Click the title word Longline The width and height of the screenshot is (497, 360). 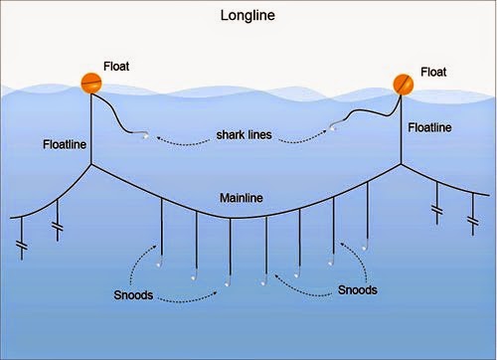pyautogui.click(x=248, y=16)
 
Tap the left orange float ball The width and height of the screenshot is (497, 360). pyautogui.click(x=91, y=84)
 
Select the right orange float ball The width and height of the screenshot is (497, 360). pyautogui.click(x=404, y=85)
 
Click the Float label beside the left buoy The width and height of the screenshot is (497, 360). pyautogui.click(x=116, y=67)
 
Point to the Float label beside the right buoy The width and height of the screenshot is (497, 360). pyautogui.click(x=433, y=72)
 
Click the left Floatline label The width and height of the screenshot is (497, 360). pyautogui.click(x=65, y=144)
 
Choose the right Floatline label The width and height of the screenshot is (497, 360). pyautogui.click(x=429, y=127)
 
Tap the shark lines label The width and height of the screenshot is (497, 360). pyautogui.click(x=244, y=135)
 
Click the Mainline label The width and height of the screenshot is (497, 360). pyautogui.click(x=242, y=198)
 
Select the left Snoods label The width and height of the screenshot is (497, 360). pyautogui.click(x=133, y=295)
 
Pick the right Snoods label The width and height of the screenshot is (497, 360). pyautogui.click(x=358, y=290)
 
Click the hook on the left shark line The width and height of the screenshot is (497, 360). pyautogui.click(x=144, y=135)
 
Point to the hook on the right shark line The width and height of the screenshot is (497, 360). pyautogui.click(x=333, y=126)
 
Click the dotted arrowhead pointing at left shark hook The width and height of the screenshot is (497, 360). pyautogui.click(x=159, y=138)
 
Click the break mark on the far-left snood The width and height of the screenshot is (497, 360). pyautogui.click(x=22, y=246)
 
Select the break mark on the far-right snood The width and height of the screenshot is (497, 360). pyautogui.click(x=473, y=221)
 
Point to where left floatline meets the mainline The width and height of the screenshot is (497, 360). pyautogui.click(x=91, y=164)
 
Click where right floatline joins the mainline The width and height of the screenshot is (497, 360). pyautogui.click(x=402, y=164)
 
